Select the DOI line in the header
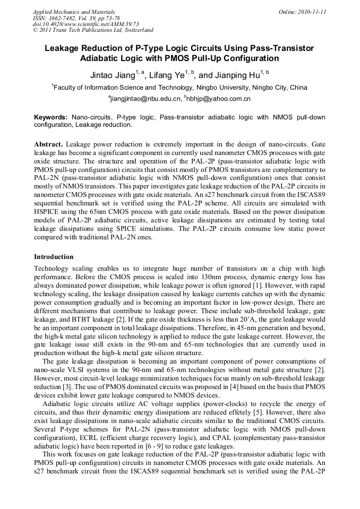85,24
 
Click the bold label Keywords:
50,117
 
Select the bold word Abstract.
49,144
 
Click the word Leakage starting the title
63,48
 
